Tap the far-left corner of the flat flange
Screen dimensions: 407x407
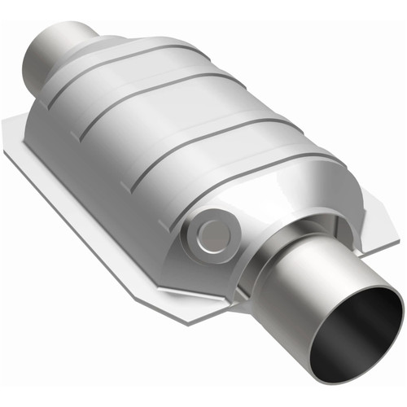[7, 124]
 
